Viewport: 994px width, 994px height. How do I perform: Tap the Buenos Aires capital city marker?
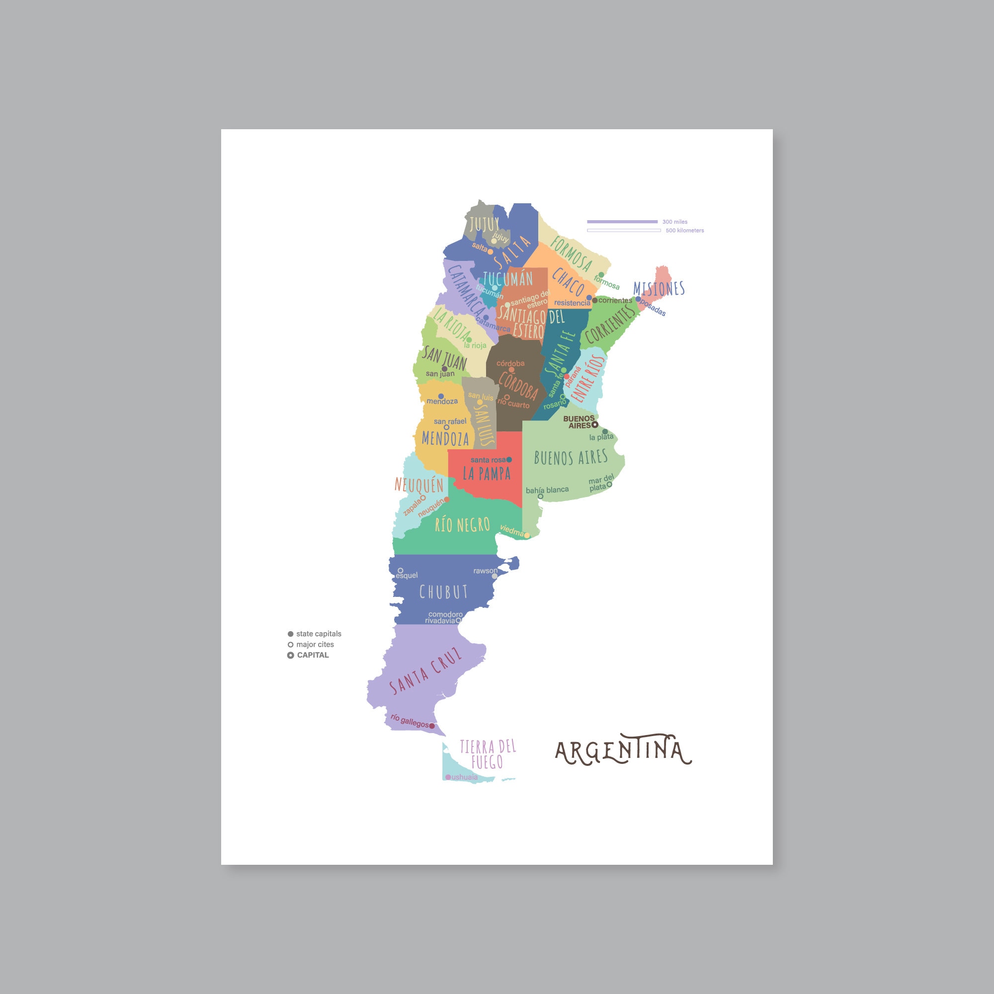[595, 425]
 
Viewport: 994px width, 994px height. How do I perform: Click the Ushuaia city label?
[465, 777]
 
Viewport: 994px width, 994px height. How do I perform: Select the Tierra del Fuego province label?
[487, 754]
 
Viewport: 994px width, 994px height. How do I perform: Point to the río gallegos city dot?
[432, 726]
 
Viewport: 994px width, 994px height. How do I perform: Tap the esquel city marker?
[400, 571]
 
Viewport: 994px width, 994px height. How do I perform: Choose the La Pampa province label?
[487, 473]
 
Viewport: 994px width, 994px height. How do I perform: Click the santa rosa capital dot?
[509, 459]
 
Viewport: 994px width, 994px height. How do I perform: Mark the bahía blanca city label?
[547, 490]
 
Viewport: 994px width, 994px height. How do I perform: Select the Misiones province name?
[659, 288]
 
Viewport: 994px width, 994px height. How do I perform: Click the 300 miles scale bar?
[622, 222]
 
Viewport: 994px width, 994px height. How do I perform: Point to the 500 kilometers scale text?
[684, 231]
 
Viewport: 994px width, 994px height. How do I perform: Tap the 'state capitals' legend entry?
[318, 634]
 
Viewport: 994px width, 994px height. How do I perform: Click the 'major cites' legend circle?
[291, 645]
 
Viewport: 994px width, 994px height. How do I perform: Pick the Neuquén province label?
[419, 485]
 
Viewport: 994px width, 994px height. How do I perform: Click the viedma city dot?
[527, 536]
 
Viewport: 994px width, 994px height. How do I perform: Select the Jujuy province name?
[484, 224]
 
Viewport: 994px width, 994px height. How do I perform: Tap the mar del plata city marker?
[610, 484]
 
